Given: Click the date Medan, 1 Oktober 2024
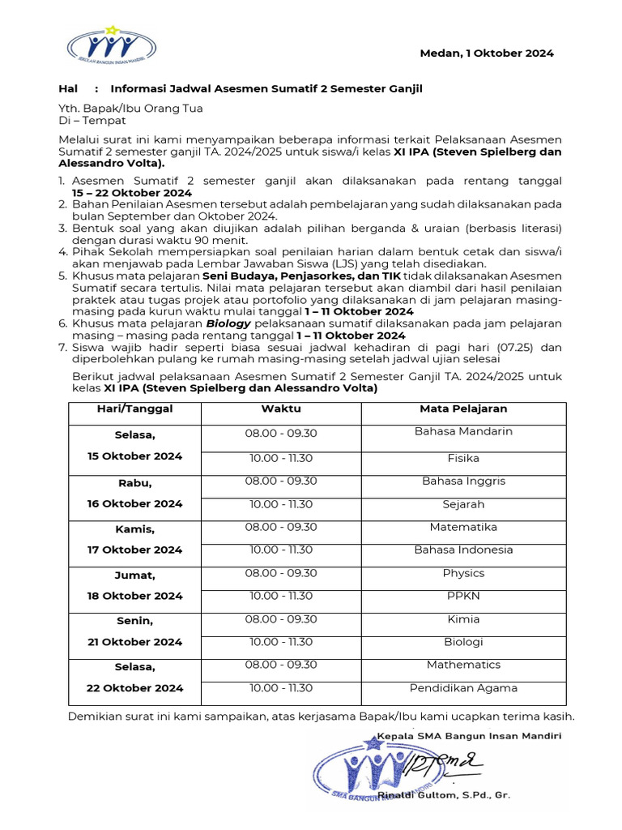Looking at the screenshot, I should pyautogui.click(x=486, y=53).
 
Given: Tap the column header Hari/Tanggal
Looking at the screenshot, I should pyautogui.click(x=135, y=409).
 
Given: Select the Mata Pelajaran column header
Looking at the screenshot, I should pyautogui.click(x=463, y=409).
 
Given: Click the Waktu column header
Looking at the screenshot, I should pyautogui.click(x=281, y=409).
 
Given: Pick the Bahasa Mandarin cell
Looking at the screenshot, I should pyautogui.click(x=463, y=431).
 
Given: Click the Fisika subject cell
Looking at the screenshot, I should pyautogui.click(x=463, y=458).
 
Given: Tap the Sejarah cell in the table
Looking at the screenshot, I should pyautogui.click(x=463, y=504).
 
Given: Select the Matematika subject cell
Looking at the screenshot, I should pyautogui.click(x=463, y=527).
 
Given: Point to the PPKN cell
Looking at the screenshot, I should pyautogui.click(x=463, y=596).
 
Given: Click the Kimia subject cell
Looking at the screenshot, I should pyautogui.click(x=463, y=618).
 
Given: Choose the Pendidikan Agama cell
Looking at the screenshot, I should pyautogui.click(x=463, y=688).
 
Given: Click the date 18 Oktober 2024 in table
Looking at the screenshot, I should pyautogui.click(x=135, y=596).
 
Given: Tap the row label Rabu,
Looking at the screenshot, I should pyautogui.click(x=135, y=483).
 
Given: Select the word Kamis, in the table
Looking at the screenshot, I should pyautogui.click(x=135, y=528).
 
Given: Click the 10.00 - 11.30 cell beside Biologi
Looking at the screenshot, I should pyautogui.click(x=281, y=642).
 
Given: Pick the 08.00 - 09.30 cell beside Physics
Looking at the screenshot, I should pyautogui.click(x=281, y=573).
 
